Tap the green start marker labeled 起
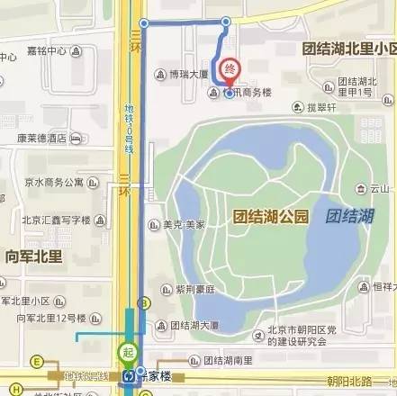tap(128, 351)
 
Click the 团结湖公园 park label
tap(270, 216)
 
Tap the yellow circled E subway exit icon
tap(38, 362)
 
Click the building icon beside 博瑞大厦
tap(159, 75)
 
